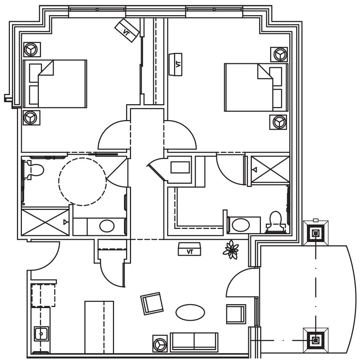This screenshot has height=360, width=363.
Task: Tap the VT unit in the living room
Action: pyautogui.click(x=190, y=249)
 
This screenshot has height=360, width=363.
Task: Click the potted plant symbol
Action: pyautogui.click(x=231, y=249)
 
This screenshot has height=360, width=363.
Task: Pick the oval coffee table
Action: pyautogui.click(x=190, y=312)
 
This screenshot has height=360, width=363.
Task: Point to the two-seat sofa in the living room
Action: pyautogui.click(x=194, y=341)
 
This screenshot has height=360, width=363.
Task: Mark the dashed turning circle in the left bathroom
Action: pyautogui.click(x=82, y=182)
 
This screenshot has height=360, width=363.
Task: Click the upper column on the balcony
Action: pyautogui.click(x=316, y=233)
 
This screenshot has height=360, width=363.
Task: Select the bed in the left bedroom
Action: pyautogui.click(x=55, y=84)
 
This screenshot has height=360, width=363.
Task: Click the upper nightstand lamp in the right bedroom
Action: pyautogui.click(x=279, y=54)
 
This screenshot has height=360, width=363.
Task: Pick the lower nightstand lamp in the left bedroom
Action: pyautogui.click(x=32, y=118)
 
